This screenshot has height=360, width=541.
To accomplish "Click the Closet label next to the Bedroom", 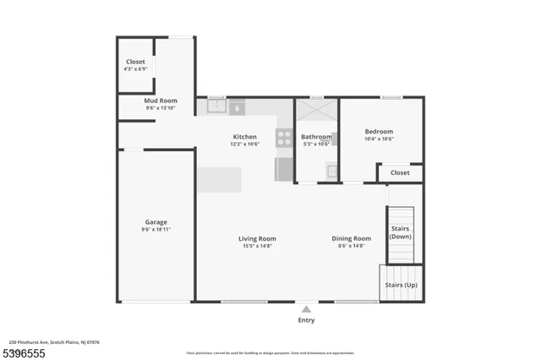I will pyautogui.click(x=399, y=172).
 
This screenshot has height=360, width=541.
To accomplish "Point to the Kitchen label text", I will pyautogui.click(x=244, y=136).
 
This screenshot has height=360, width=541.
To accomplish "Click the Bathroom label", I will pyautogui.click(x=316, y=136).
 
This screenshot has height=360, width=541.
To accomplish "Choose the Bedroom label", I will pyautogui.click(x=379, y=131).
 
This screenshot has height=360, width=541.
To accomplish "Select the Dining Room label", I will pyautogui.click(x=351, y=238).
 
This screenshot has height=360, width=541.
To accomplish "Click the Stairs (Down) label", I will pyautogui.click(x=401, y=232).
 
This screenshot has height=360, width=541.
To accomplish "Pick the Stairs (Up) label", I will pyautogui.click(x=401, y=285).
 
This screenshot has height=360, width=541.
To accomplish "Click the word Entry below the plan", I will pyautogui.click(x=306, y=321).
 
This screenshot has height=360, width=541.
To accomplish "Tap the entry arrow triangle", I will pyautogui.click(x=306, y=309).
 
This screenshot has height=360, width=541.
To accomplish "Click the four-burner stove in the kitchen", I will pyautogui.click(x=284, y=137).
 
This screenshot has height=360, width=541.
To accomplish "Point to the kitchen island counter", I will pyautogui.click(x=219, y=179).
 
